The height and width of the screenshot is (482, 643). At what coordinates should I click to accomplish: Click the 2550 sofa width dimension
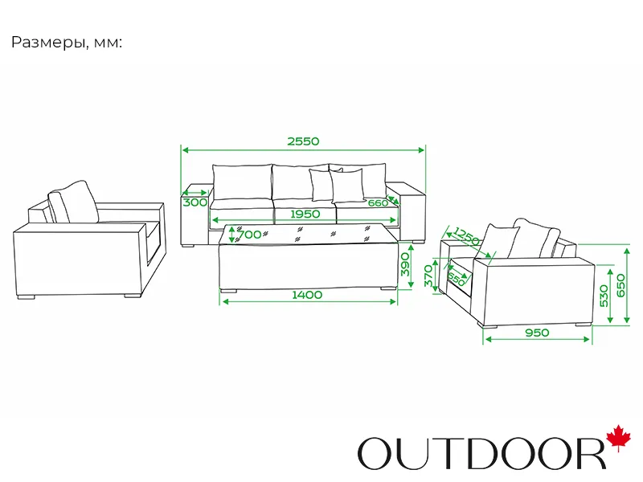[303, 141]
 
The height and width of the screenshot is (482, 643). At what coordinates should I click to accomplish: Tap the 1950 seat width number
[305, 214]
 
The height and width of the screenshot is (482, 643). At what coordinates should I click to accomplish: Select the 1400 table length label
[307, 295]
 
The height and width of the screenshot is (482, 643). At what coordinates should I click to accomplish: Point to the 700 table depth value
[251, 235]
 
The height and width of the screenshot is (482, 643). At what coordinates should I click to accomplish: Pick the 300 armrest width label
[195, 202]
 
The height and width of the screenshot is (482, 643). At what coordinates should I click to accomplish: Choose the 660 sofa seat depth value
[378, 202]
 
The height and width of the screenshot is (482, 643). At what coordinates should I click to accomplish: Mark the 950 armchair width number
[536, 333]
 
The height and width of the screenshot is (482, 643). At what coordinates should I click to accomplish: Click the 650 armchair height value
[620, 286]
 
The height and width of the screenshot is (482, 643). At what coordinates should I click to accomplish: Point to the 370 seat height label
[428, 277]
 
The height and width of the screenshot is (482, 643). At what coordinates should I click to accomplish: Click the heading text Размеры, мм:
[67, 43]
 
